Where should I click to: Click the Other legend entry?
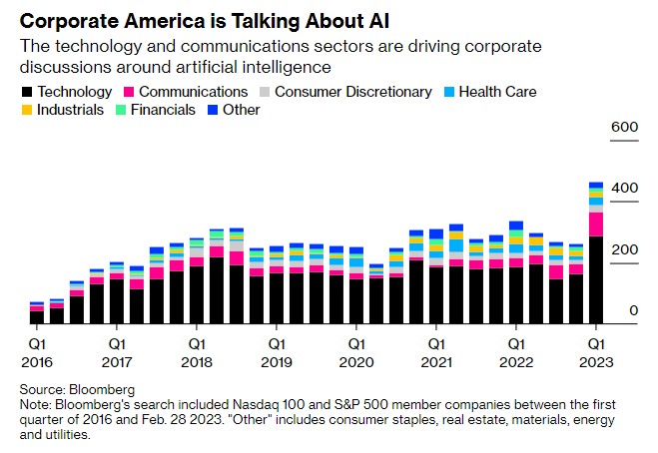pyautogui.click(x=239, y=110)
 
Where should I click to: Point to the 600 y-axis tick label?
pyautogui.click(x=625, y=127)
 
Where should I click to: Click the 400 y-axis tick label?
pyautogui.click(x=625, y=189)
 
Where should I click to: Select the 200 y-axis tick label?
pyautogui.click(x=625, y=250)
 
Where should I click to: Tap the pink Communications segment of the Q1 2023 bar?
pyautogui.click(x=595, y=225)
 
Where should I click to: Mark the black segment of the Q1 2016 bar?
pyautogui.click(x=36, y=318)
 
